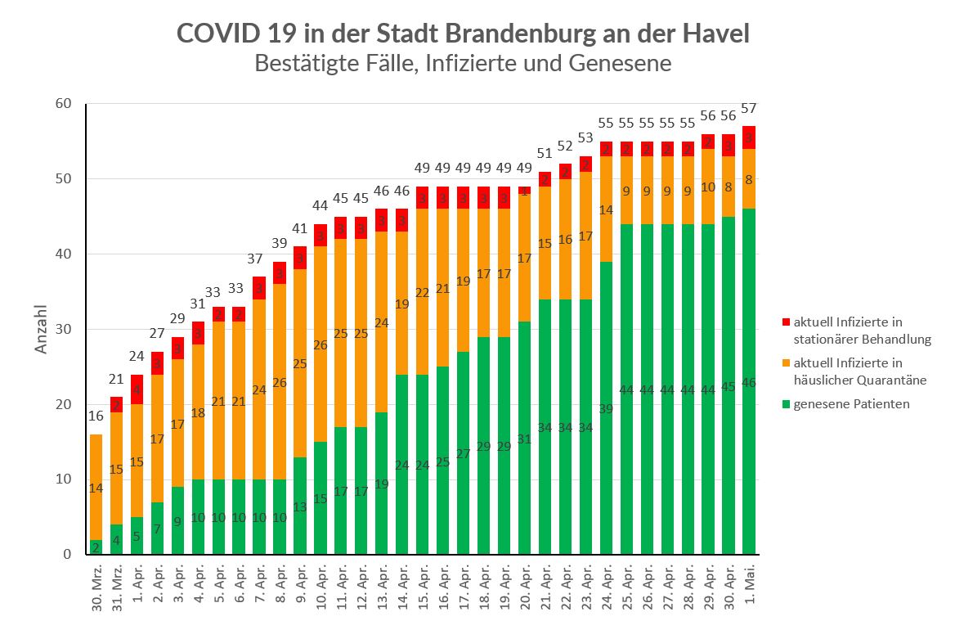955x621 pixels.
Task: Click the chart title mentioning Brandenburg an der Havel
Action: pos(463,34)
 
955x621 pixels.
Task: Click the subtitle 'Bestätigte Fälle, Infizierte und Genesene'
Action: pos(463,63)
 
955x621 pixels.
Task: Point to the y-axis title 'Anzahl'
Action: pos(42,330)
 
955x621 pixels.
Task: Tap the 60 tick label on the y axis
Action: pos(64,103)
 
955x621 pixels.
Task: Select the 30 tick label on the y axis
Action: pos(64,329)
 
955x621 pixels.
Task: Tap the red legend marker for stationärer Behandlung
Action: pos(787,322)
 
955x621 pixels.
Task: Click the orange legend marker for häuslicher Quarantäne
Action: pos(787,363)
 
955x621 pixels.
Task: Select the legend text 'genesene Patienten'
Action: pos(852,404)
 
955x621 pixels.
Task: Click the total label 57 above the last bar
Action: pos(749,109)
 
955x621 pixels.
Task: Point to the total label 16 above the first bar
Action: pos(96,416)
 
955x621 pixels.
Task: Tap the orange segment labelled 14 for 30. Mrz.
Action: pos(96,487)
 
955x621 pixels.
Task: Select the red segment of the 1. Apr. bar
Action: pos(137,389)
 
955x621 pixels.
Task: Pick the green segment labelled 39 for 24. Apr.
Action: pos(607,409)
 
